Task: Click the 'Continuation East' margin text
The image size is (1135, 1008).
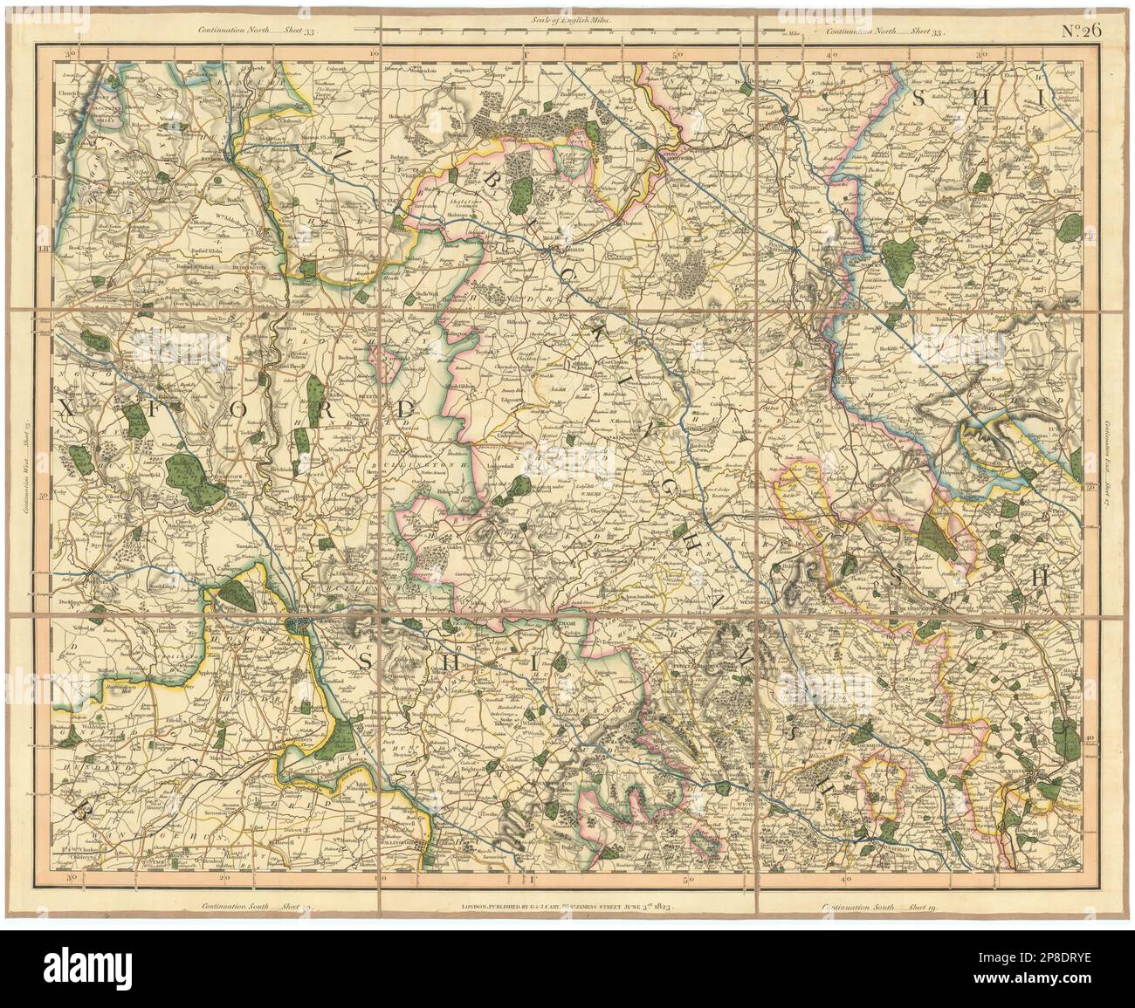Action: point(1106,462)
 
